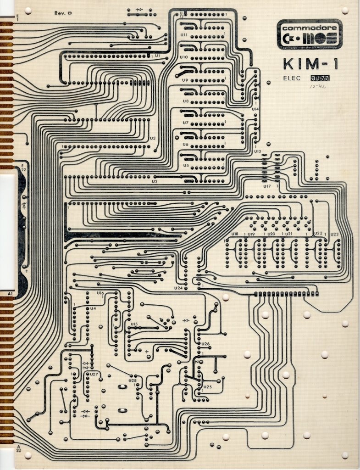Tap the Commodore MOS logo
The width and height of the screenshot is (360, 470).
310,34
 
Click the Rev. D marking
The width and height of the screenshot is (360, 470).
63,13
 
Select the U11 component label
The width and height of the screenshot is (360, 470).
184,35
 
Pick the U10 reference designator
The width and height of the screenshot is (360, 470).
183,57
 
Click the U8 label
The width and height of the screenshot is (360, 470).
185,101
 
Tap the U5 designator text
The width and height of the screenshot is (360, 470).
186,165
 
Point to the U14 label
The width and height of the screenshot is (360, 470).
255,109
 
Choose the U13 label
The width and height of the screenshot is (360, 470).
257,151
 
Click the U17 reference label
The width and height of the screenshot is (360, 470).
267,186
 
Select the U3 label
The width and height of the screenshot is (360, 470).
153,138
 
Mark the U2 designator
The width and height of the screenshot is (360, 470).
155,182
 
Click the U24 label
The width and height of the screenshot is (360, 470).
178,288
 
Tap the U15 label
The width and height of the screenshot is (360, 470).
134,324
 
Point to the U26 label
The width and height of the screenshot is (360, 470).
205,344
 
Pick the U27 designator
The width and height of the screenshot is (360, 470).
94,375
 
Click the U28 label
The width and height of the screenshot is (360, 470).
133,380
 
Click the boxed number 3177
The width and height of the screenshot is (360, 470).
320,78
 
